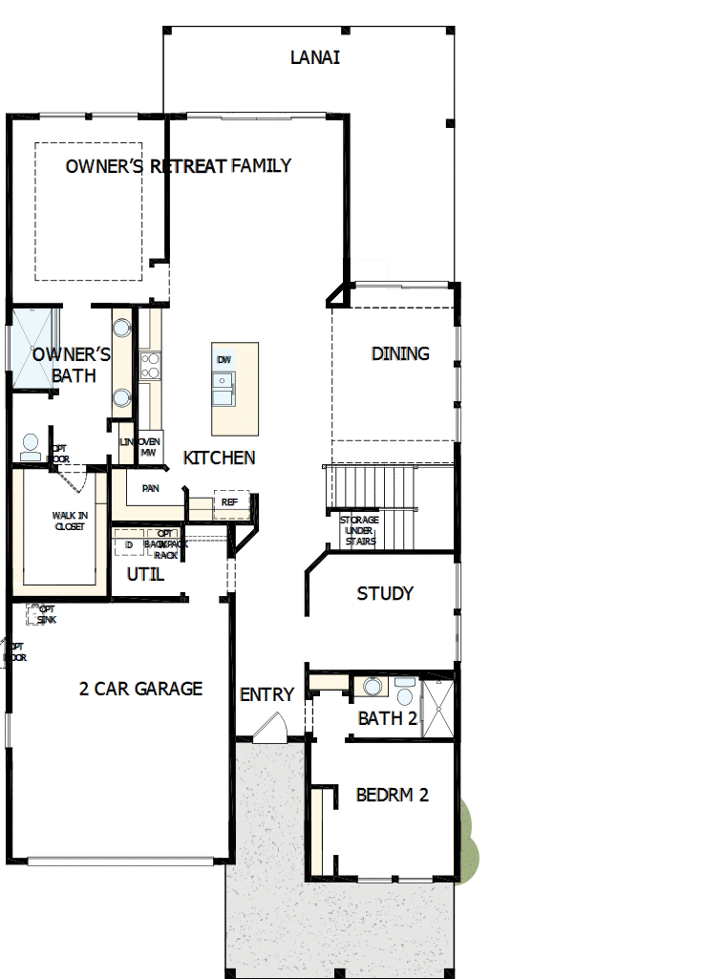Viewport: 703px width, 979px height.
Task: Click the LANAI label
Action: [x=315, y=57]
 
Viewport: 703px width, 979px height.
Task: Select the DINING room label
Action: [x=400, y=353]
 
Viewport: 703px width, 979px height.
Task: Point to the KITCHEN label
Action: [x=220, y=458]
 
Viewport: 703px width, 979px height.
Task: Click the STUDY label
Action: [x=385, y=593]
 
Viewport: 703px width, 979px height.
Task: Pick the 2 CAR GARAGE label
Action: [x=140, y=688]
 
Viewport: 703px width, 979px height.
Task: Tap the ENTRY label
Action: [x=266, y=694]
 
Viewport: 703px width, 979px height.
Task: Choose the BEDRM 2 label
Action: [x=392, y=795]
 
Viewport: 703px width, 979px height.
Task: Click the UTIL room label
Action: [x=145, y=574]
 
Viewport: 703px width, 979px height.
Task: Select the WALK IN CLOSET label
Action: [x=68, y=521]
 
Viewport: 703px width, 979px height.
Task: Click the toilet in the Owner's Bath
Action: [x=31, y=446]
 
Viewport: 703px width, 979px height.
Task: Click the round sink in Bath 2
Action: [x=372, y=686]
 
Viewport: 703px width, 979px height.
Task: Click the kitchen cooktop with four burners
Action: [x=150, y=366]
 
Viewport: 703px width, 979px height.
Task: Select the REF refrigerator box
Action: [x=230, y=501]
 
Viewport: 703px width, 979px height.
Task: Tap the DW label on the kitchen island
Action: [x=224, y=359]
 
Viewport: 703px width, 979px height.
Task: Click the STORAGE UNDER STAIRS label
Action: [x=359, y=531]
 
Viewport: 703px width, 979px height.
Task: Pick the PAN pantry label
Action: [x=150, y=488]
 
